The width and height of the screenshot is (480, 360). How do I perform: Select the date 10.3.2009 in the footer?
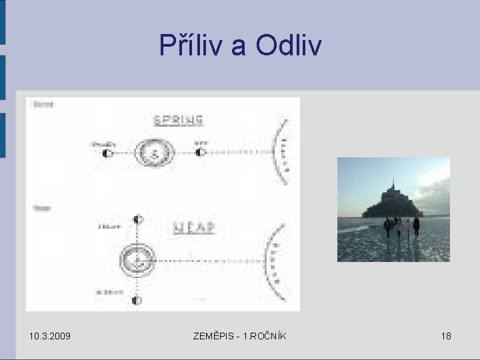[x=51, y=336]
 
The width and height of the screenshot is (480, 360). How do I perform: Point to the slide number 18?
[x=445, y=336]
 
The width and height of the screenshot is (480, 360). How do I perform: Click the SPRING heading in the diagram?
[x=178, y=121]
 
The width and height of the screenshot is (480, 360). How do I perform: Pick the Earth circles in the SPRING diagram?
[x=155, y=153]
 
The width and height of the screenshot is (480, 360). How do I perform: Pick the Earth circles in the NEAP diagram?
[x=137, y=257]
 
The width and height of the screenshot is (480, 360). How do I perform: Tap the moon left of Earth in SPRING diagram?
[x=107, y=153]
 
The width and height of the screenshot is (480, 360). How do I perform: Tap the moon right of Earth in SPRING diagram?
[x=201, y=153]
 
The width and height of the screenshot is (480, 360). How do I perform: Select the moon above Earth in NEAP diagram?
[x=137, y=219]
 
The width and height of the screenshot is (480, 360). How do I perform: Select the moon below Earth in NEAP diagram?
[x=137, y=301]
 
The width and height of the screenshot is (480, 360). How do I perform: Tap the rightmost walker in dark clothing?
[x=417, y=227]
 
